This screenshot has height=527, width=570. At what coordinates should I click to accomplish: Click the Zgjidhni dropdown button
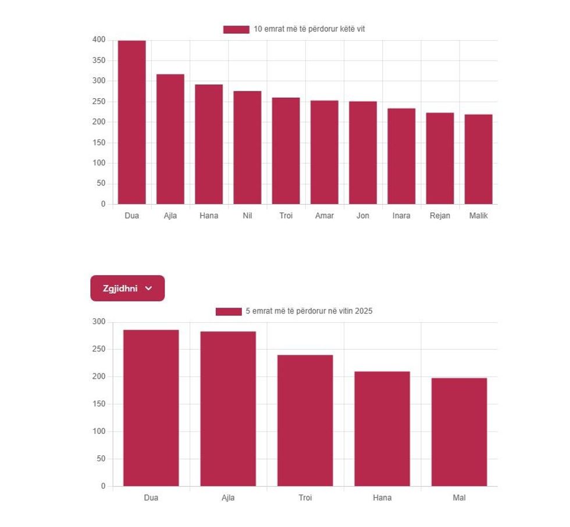click(127, 289)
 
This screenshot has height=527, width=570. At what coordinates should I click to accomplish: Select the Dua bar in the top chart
click(132, 123)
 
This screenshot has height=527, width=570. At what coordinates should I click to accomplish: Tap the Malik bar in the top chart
click(478, 159)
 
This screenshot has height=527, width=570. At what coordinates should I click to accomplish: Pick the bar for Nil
click(247, 148)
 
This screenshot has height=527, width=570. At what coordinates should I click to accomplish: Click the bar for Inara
click(401, 156)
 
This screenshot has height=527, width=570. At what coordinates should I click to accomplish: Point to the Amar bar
click(324, 152)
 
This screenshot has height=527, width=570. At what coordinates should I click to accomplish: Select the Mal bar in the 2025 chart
click(459, 432)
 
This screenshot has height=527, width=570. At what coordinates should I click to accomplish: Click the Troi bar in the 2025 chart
click(305, 421)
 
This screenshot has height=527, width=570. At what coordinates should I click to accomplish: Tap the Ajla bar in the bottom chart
click(228, 409)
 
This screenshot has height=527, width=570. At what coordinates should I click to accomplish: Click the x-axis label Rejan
click(440, 216)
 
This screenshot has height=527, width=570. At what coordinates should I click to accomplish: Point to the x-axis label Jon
click(363, 216)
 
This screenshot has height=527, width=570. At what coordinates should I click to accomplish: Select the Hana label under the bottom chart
click(382, 498)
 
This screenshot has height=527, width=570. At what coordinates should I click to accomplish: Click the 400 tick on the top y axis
click(98, 40)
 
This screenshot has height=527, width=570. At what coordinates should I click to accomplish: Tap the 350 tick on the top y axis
click(98, 60)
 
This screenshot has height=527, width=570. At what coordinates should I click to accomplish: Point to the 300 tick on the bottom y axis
click(98, 322)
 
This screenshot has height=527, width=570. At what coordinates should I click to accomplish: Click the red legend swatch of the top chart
click(236, 29)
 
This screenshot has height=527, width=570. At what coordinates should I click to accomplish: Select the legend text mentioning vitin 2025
click(309, 311)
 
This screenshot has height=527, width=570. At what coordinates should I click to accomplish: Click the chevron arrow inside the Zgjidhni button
click(148, 289)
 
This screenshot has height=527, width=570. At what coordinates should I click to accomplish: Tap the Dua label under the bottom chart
click(151, 498)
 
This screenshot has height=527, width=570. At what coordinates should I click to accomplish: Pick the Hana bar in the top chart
click(209, 144)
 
